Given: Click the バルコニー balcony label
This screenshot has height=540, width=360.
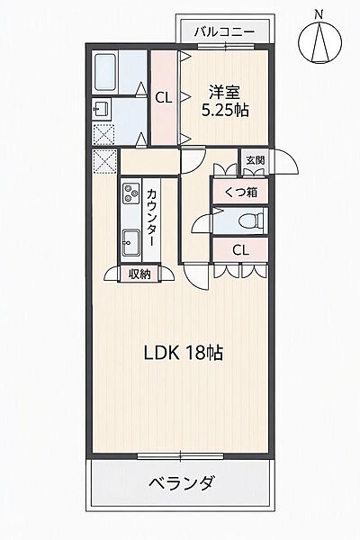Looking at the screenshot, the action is pos(224,32).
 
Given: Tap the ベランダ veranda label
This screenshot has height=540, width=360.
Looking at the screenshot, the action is pos(182,482).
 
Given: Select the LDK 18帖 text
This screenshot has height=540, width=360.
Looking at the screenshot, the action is pos(184,353).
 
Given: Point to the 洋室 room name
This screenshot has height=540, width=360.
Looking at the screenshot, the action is pos(225,93).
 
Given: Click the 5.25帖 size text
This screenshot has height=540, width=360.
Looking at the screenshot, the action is pos(225,110).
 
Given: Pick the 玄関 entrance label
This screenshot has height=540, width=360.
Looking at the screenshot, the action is pos(256,160).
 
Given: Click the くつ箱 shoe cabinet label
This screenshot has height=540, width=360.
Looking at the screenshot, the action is pos(241,192).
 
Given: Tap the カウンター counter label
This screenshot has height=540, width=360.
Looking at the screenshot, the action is pos(151,217).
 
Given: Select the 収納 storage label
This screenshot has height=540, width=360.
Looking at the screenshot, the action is pos(139,274).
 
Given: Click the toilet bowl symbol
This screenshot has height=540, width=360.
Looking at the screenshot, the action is pos(253,220).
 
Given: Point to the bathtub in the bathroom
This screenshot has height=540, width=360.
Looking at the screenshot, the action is pos(104,72).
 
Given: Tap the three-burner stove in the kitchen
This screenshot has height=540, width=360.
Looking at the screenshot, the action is pos(131,193).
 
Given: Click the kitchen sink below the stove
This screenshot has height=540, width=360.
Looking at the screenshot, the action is pos(131,242).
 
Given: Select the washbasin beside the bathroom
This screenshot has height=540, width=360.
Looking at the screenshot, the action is pos(102,110).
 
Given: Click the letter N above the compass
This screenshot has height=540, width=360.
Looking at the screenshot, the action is pos(319,14).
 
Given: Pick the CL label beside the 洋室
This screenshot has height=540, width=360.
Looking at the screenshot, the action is pos(163,98).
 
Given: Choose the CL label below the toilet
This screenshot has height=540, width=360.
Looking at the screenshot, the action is pos(240,250).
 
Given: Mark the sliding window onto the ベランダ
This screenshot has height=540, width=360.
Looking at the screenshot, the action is pos(181,456).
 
